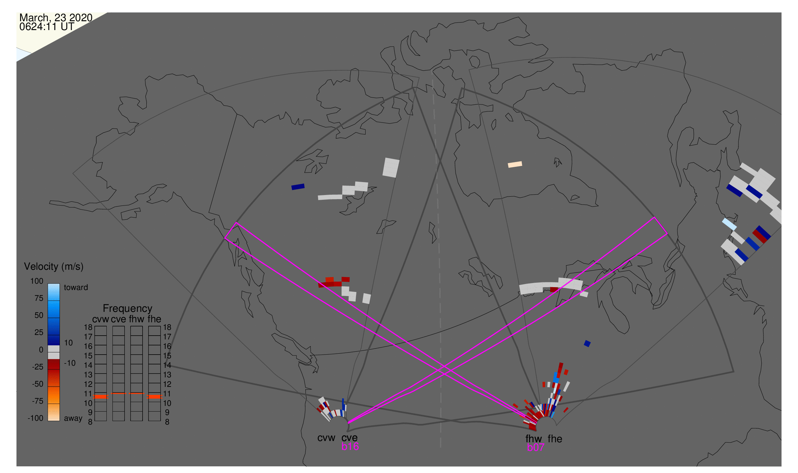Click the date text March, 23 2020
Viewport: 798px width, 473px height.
(56, 18)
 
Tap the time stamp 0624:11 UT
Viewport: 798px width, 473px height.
(47, 27)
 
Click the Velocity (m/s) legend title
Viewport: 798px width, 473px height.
(54, 267)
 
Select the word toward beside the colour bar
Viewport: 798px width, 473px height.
(76, 287)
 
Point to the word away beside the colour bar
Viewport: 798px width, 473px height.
(73, 419)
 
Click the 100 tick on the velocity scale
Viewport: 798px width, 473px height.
(37, 281)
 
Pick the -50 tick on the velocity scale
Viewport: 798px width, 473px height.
(37, 384)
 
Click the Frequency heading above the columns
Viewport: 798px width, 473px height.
(127, 308)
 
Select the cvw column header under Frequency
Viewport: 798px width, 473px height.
(100, 319)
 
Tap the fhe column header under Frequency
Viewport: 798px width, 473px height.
(154, 319)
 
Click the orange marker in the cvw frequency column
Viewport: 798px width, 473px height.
(101, 397)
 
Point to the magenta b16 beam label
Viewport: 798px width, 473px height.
(350, 446)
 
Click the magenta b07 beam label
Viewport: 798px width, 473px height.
(535, 447)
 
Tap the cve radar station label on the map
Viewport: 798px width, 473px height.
(349, 438)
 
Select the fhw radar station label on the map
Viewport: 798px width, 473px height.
(533, 439)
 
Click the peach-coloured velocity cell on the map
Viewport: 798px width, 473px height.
(515, 164)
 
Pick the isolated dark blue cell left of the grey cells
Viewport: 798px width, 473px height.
(298, 187)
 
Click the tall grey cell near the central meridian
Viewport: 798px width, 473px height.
(391, 168)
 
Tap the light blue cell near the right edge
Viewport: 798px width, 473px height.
(730, 224)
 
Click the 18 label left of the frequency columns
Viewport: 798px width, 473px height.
(88, 327)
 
